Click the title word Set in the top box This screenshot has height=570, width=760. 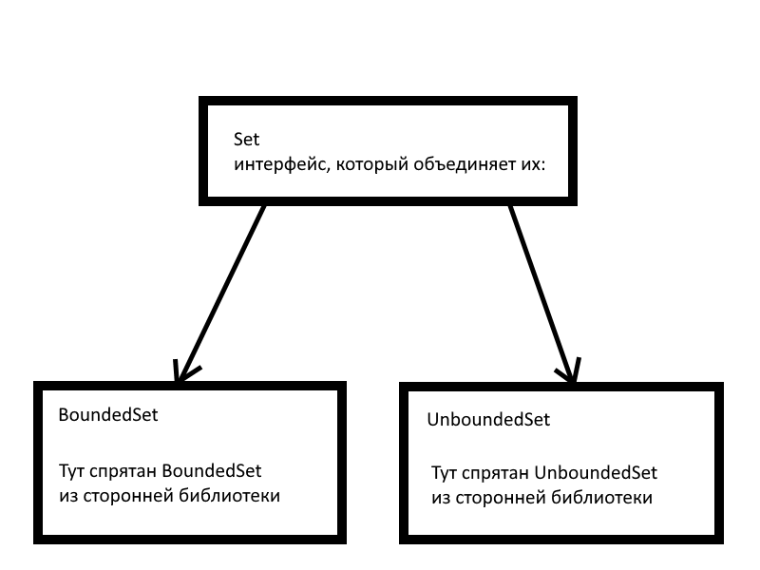click(246, 139)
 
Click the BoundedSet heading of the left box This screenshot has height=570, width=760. click(107, 416)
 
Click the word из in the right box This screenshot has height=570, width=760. click(440, 498)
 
